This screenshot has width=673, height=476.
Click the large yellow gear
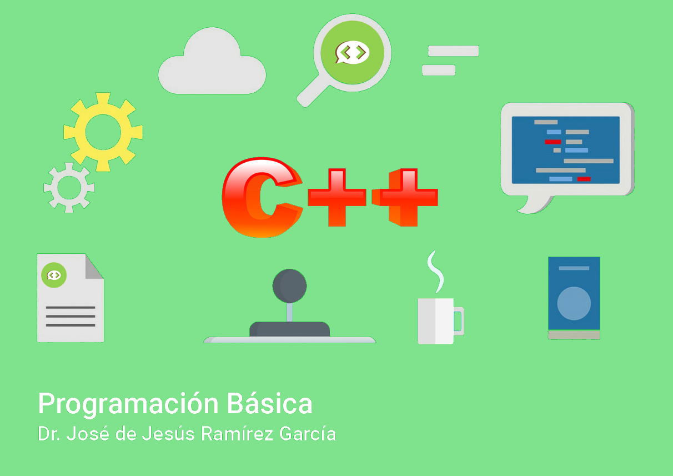pyautogui.click(x=78, y=132)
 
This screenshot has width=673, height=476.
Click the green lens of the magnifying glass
pyautogui.click(x=353, y=53)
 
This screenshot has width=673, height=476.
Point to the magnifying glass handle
pyautogui.click(x=313, y=92)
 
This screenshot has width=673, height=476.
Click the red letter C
pyautogui.click(x=262, y=197)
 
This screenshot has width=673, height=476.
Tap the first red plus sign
pyautogui.click(x=337, y=197)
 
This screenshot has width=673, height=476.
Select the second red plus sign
pyautogui.click(x=405, y=197)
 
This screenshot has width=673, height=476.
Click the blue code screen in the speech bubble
pyautogui.click(x=566, y=150)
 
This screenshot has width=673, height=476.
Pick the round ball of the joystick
pyautogui.click(x=290, y=286)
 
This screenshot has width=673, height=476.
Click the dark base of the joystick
pyautogui.click(x=290, y=329)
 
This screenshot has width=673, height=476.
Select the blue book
pyautogui.click(x=574, y=298)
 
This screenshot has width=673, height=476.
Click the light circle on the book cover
pyautogui.click(x=574, y=303)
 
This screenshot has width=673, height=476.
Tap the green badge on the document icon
pyautogui.click(x=54, y=275)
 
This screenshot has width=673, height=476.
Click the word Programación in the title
pyautogui.click(x=128, y=404)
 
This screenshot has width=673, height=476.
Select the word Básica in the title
pyautogui.click(x=269, y=403)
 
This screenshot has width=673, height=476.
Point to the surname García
pyautogui.click(x=308, y=434)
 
